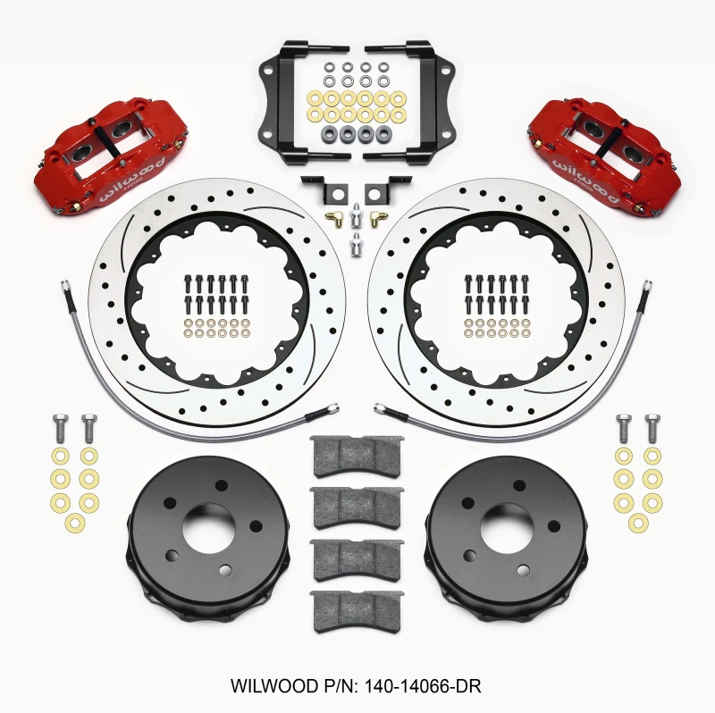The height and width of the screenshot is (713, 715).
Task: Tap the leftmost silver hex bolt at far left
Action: click(x=61, y=426)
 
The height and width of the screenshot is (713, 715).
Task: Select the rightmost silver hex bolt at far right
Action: click(x=652, y=426)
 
